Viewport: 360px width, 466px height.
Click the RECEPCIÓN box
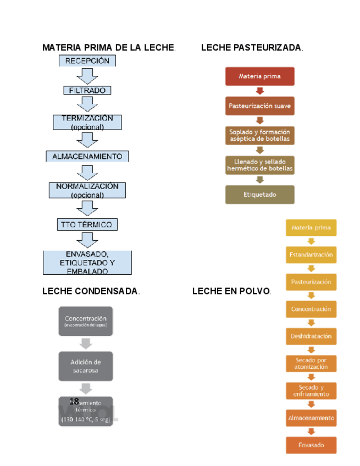click(87, 60)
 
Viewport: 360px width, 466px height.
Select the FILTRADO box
click(87, 90)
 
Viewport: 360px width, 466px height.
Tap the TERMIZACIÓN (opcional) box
click(87, 122)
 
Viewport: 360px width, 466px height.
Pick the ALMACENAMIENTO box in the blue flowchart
click(87, 157)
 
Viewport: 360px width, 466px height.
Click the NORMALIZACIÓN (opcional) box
click(87, 191)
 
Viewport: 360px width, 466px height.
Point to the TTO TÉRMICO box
click(87, 224)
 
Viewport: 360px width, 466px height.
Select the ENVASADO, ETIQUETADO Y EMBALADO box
click(87, 263)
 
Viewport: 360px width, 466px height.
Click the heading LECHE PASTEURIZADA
click(252, 48)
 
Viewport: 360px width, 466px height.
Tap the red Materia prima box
click(259, 76)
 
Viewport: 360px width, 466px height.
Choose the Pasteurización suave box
click(259, 106)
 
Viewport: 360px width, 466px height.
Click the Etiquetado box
click(259, 195)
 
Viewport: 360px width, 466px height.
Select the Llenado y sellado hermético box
click(259, 165)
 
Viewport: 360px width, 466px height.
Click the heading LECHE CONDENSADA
click(91, 291)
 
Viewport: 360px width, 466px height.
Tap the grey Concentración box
click(85, 321)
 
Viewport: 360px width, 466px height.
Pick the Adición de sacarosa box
click(85, 366)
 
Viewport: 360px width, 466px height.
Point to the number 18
click(74, 402)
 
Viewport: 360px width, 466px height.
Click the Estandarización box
click(311, 255)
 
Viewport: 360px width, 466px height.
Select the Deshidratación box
click(311, 336)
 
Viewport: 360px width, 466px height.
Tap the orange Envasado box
click(311, 445)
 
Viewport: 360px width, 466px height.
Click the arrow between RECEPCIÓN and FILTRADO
click(87, 76)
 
